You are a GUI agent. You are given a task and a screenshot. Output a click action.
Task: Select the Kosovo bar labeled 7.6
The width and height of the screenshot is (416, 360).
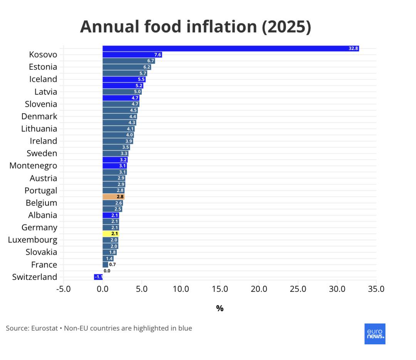point(132,55)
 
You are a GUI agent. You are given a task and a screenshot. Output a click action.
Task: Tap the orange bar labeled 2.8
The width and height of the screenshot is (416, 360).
point(113,197)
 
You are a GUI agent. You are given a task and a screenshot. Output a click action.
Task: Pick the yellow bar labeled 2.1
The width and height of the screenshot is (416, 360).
point(111,234)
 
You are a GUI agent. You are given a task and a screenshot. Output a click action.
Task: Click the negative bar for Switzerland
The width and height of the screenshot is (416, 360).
point(98,277)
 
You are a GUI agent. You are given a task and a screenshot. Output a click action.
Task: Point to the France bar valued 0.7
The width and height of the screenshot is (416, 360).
point(105,265)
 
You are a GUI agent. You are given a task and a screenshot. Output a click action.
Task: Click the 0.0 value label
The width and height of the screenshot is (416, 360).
point(107,271)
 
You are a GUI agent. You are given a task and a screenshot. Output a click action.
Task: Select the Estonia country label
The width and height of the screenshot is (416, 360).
point(43,67)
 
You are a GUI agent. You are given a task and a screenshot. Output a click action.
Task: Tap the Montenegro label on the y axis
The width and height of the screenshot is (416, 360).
point(33,166)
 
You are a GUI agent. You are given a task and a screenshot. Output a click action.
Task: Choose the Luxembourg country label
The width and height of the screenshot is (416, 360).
point(32,240)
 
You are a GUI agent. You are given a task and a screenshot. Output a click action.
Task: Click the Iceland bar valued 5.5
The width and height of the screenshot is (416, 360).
point(124,79)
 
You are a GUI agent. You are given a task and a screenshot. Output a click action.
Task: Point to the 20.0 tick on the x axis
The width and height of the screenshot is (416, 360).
point(259,289)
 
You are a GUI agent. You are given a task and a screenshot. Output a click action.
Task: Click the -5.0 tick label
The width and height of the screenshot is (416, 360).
point(63,289)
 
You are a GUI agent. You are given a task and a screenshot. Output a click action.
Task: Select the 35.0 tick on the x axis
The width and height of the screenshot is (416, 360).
point(376,289)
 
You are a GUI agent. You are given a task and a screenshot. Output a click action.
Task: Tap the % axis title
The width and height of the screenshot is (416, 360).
point(220,308)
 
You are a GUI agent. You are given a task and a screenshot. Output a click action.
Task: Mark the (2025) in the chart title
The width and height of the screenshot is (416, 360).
point(286,27)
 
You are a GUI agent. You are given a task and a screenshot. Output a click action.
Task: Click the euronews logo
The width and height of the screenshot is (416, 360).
point(375,333)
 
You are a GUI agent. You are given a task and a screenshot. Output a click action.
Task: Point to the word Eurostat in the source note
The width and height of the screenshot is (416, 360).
point(44,328)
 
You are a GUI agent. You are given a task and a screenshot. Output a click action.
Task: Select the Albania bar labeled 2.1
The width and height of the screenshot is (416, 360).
point(111,215)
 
